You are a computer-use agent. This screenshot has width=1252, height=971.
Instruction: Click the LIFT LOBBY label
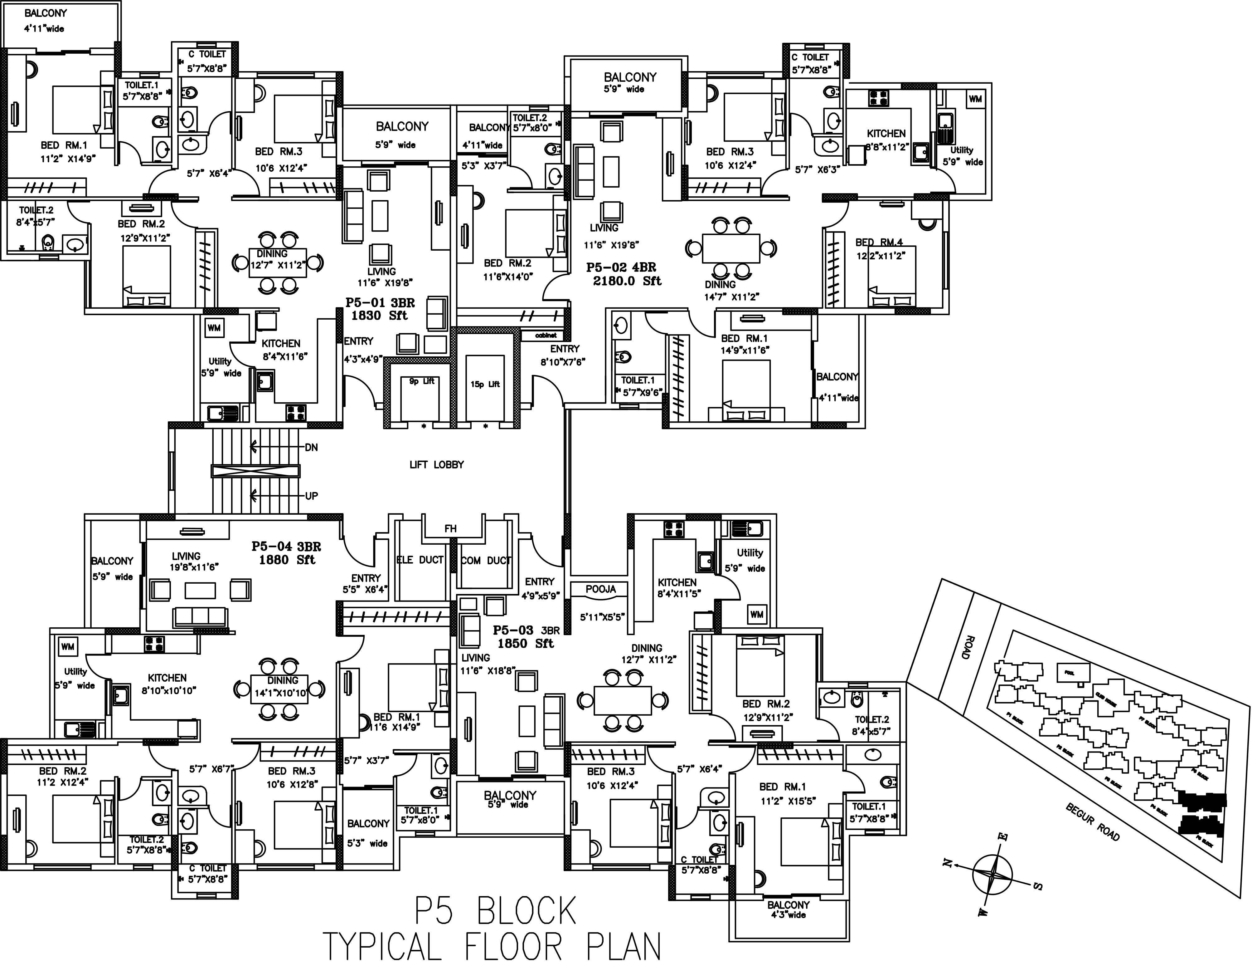point(436,464)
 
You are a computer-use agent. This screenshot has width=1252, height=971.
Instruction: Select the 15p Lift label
point(485,384)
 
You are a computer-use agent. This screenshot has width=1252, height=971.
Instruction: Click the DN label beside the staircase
point(311,447)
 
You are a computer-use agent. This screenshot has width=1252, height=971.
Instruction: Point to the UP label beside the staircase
point(311,496)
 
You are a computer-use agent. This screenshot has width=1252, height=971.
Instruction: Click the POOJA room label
point(601,589)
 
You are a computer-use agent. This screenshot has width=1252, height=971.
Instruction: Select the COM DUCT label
point(486,560)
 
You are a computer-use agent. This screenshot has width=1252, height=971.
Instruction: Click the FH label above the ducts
point(451,529)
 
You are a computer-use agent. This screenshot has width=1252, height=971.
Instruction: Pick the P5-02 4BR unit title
point(621,267)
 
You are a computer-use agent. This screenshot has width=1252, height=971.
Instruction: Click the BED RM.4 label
point(879,243)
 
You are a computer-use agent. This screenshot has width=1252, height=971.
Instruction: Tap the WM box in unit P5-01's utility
point(214,328)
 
